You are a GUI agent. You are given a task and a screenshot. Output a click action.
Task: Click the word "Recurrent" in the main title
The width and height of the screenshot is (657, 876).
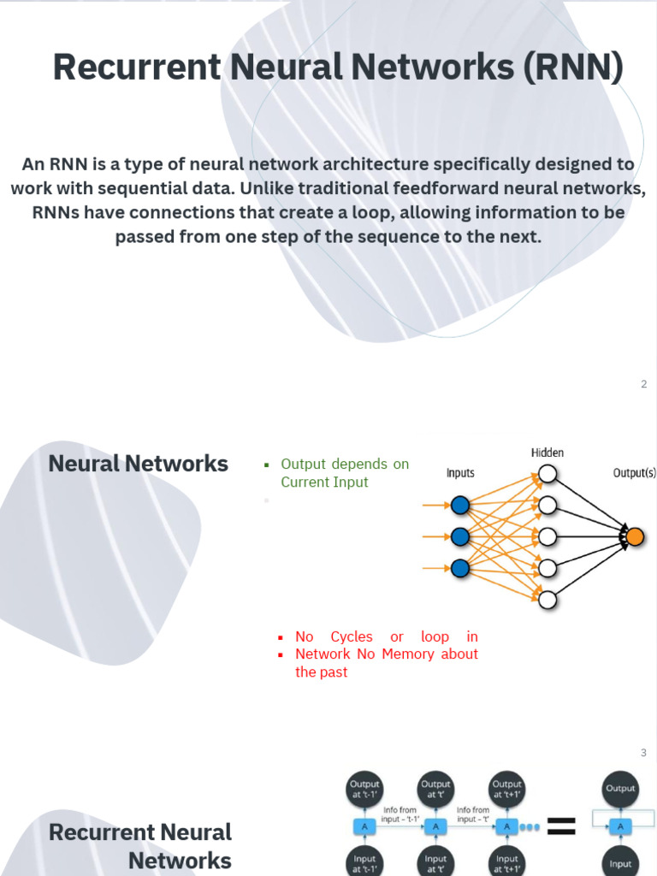coord(137,68)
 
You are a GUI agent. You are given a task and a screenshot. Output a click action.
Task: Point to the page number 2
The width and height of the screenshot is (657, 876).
coord(643,384)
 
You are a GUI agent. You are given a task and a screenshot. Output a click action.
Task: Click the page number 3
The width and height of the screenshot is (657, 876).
coord(643,753)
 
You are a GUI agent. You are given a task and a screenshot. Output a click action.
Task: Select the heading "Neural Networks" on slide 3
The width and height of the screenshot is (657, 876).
coord(139,464)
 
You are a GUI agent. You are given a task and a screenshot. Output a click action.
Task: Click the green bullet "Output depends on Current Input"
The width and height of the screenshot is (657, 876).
coord(344,473)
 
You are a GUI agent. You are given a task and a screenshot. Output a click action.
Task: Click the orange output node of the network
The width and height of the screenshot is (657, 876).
coord(634,536)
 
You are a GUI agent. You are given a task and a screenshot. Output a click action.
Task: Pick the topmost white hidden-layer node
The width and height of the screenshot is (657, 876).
coord(547,473)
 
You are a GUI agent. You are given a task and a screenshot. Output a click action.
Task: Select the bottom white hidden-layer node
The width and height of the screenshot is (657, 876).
coord(547,599)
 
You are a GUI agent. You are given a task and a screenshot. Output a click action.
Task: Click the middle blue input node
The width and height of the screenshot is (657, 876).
coord(460,536)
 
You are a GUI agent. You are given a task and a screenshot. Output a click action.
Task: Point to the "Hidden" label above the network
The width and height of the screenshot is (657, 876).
coord(547,453)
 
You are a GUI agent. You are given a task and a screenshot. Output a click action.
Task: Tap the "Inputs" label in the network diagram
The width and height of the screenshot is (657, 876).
coord(460,473)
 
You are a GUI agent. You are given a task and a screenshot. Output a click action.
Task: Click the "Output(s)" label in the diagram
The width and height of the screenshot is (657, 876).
coord(634,473)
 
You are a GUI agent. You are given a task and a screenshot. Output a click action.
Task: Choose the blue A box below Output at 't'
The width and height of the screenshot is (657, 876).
coord(435,826)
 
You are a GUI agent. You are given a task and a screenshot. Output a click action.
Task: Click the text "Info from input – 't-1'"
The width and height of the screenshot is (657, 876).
coord(400,814)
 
